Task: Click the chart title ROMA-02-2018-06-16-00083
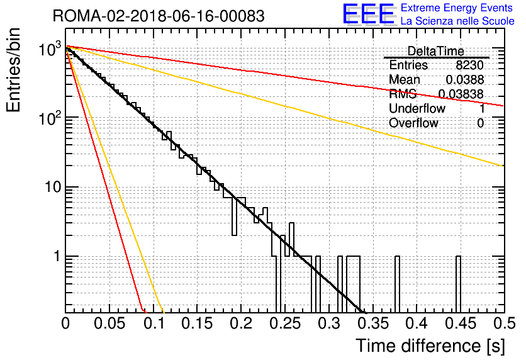tap(159, 16)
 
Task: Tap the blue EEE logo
tap(368, 14)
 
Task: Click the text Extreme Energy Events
tap(457, 8)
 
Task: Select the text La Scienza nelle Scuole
tap(457, 21)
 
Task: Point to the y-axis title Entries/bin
tap(13, 70)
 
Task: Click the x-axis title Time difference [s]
tap(430, 346)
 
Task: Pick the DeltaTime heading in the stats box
tap(435, 51)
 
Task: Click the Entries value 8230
tap(469, 65)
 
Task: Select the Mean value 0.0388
tap(464, 79)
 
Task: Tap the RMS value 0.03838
tap(461, 94)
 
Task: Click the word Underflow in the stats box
tap(417, 108)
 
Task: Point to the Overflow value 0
tap(480, 123)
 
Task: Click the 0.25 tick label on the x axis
tap(285, 323)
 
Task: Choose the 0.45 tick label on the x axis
tap(461, 323)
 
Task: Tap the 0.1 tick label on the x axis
tap(154, 323)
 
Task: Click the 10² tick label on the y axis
tap(50, 118)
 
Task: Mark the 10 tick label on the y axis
tap(53, 187)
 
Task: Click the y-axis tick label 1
tap(57, 256)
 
